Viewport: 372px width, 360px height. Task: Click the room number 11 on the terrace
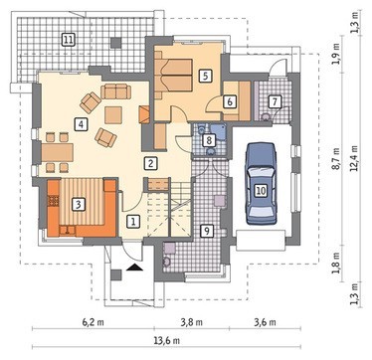pos(69,41)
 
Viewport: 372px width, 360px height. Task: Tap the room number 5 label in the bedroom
pos(206,76)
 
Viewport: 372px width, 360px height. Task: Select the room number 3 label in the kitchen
pos(79,205)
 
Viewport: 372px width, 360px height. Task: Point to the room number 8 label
pos(209,140)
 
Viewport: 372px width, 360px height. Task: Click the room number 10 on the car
pos(261,191)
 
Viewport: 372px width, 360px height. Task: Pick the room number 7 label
pos(275,101)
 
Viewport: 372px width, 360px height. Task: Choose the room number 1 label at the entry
pos(133,221)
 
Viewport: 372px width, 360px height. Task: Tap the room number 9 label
pos(207,231)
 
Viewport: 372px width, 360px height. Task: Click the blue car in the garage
pos(261,184)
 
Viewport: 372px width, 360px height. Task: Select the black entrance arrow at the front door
pos(135,267)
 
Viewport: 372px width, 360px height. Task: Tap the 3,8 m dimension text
pos(192,322)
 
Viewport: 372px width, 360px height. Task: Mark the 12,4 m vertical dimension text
pos(354,157)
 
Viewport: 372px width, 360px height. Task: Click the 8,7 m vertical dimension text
pos(337,159)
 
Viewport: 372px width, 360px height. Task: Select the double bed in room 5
pos(174,75)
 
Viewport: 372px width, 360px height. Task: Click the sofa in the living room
pos(115,91)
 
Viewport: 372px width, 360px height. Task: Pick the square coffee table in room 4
pos(113,115)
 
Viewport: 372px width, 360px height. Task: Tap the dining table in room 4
pos(57,152)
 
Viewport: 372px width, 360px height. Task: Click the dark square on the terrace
pos(116,42)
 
